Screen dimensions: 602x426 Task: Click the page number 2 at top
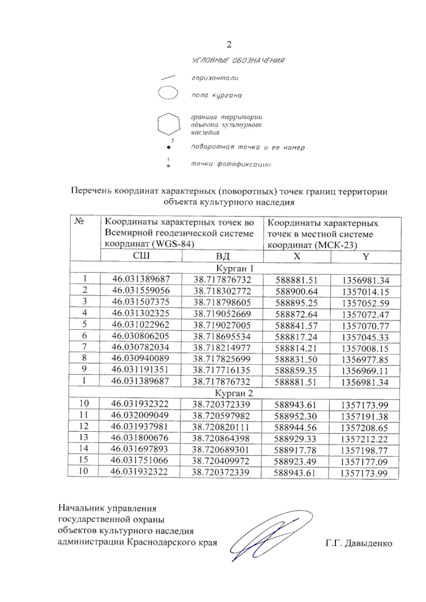(229, 44)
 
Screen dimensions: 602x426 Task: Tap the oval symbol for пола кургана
(168, 93)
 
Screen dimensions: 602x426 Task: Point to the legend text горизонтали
(215, 78)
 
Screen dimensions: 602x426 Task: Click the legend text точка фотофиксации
(231, 164)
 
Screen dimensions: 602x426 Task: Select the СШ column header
(141, 256)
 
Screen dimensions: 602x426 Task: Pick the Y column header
(366, 257)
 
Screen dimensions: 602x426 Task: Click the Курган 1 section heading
(235, 268)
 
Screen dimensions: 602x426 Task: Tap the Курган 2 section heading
(234, 393)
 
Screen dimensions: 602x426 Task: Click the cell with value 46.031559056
(141, 291)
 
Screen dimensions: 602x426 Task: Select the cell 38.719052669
(222, 314)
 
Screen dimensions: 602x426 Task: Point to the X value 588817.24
(296, 337)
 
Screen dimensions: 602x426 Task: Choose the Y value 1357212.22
(364, 439)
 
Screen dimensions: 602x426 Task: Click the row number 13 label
(83, 437)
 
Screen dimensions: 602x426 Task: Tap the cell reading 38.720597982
(221, 416)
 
